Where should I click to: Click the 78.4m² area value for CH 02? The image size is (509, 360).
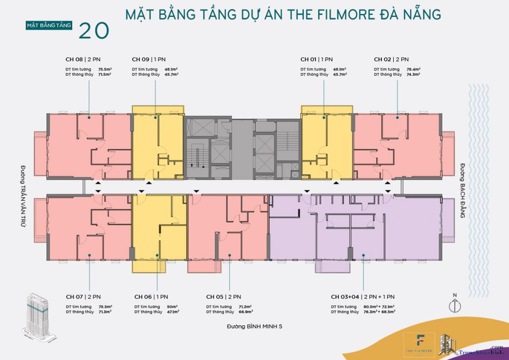(x=414, y=69)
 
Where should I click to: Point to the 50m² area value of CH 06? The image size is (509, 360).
(x=171, y=307)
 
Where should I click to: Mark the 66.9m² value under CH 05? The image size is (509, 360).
(x=245, y=312)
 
